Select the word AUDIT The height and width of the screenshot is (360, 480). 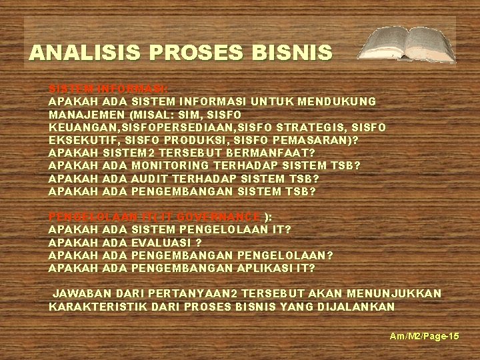pyautogui.click(x=149, y=179)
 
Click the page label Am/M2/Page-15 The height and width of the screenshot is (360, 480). pyautogui.click(x=425, y=337)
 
